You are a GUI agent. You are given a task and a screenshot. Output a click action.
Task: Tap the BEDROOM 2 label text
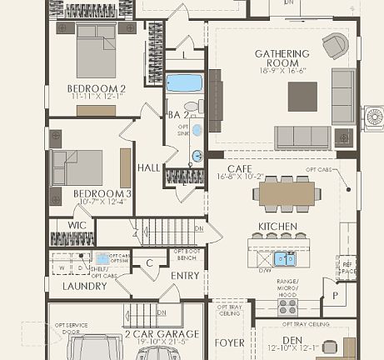coord(97,88)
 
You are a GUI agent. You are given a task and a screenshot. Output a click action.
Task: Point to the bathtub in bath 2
coord(184,83)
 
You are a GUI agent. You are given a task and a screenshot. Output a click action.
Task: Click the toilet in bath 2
coord(192,107)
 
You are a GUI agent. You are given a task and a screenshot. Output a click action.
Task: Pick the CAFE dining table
coord(287,192)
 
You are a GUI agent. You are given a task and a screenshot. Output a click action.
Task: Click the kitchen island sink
coord(285,257)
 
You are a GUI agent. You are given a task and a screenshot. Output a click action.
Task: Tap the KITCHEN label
coord(277,227)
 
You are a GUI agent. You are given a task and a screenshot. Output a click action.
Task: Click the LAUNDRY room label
coord(84,286)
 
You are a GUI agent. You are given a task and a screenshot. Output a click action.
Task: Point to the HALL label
coord(148,167)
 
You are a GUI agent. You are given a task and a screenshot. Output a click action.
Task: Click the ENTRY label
coord(185,275)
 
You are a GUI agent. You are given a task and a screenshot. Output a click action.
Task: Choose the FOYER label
coord(230,342)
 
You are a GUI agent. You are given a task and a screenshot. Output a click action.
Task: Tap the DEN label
coord(292,339)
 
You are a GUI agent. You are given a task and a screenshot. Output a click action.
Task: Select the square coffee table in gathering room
coord(302,96)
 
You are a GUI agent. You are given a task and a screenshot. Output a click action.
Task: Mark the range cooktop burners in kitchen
coord(287,306)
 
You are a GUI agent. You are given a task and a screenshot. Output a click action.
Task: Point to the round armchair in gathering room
coord(335,46)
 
